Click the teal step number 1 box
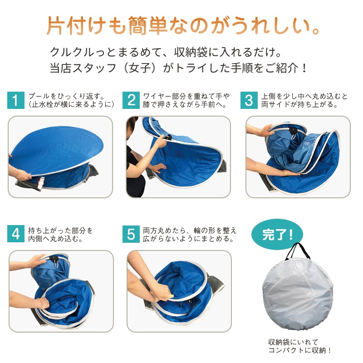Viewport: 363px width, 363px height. pos(16,100)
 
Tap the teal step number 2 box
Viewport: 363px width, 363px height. pos(131,100)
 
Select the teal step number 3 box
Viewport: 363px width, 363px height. pos(249,100)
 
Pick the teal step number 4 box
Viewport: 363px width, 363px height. pos(16,234)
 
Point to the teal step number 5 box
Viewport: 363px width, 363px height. pos(131,234)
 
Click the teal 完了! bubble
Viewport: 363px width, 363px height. pos(277,234)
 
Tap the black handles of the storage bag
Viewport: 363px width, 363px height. pos(298,251)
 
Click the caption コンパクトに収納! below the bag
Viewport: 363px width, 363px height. pos(299,350)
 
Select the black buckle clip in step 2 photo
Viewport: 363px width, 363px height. pos(168,137)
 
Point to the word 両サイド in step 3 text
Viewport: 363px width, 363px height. pos(279,104)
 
